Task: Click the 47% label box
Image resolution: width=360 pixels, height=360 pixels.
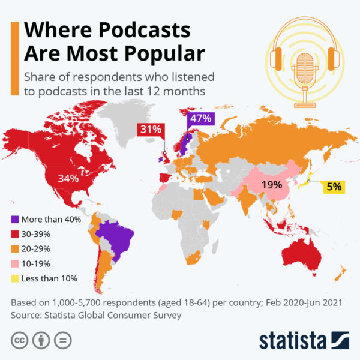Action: pos(201,119)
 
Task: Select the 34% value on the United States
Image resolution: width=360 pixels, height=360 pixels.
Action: pos(68,178)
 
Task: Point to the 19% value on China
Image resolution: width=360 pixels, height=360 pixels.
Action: pos(272,185)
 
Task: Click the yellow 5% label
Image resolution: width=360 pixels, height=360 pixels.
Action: pos(334,187)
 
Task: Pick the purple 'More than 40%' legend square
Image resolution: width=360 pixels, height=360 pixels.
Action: pos(15,220)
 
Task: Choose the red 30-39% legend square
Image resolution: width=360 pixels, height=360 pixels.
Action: pos(15,235)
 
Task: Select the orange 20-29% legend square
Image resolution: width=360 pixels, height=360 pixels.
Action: pos(15,249)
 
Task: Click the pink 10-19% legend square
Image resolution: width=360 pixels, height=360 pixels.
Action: pos(15,263)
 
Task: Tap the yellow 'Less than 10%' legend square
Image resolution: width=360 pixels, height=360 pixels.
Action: pos(15,278)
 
